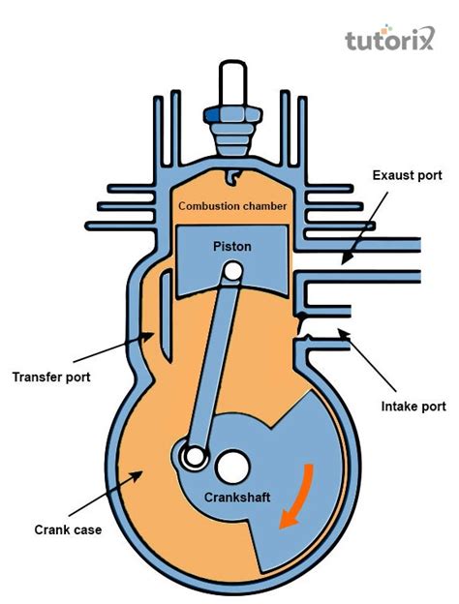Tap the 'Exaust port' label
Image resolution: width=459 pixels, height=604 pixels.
[x=407, y=175]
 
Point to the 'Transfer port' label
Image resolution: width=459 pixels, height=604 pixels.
[x=50, y=376]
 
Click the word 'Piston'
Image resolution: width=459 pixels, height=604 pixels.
[x=231, y=247]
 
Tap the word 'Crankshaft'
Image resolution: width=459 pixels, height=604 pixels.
[x=236, y=498]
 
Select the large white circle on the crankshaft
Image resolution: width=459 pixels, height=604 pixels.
[x=232, y=468]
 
